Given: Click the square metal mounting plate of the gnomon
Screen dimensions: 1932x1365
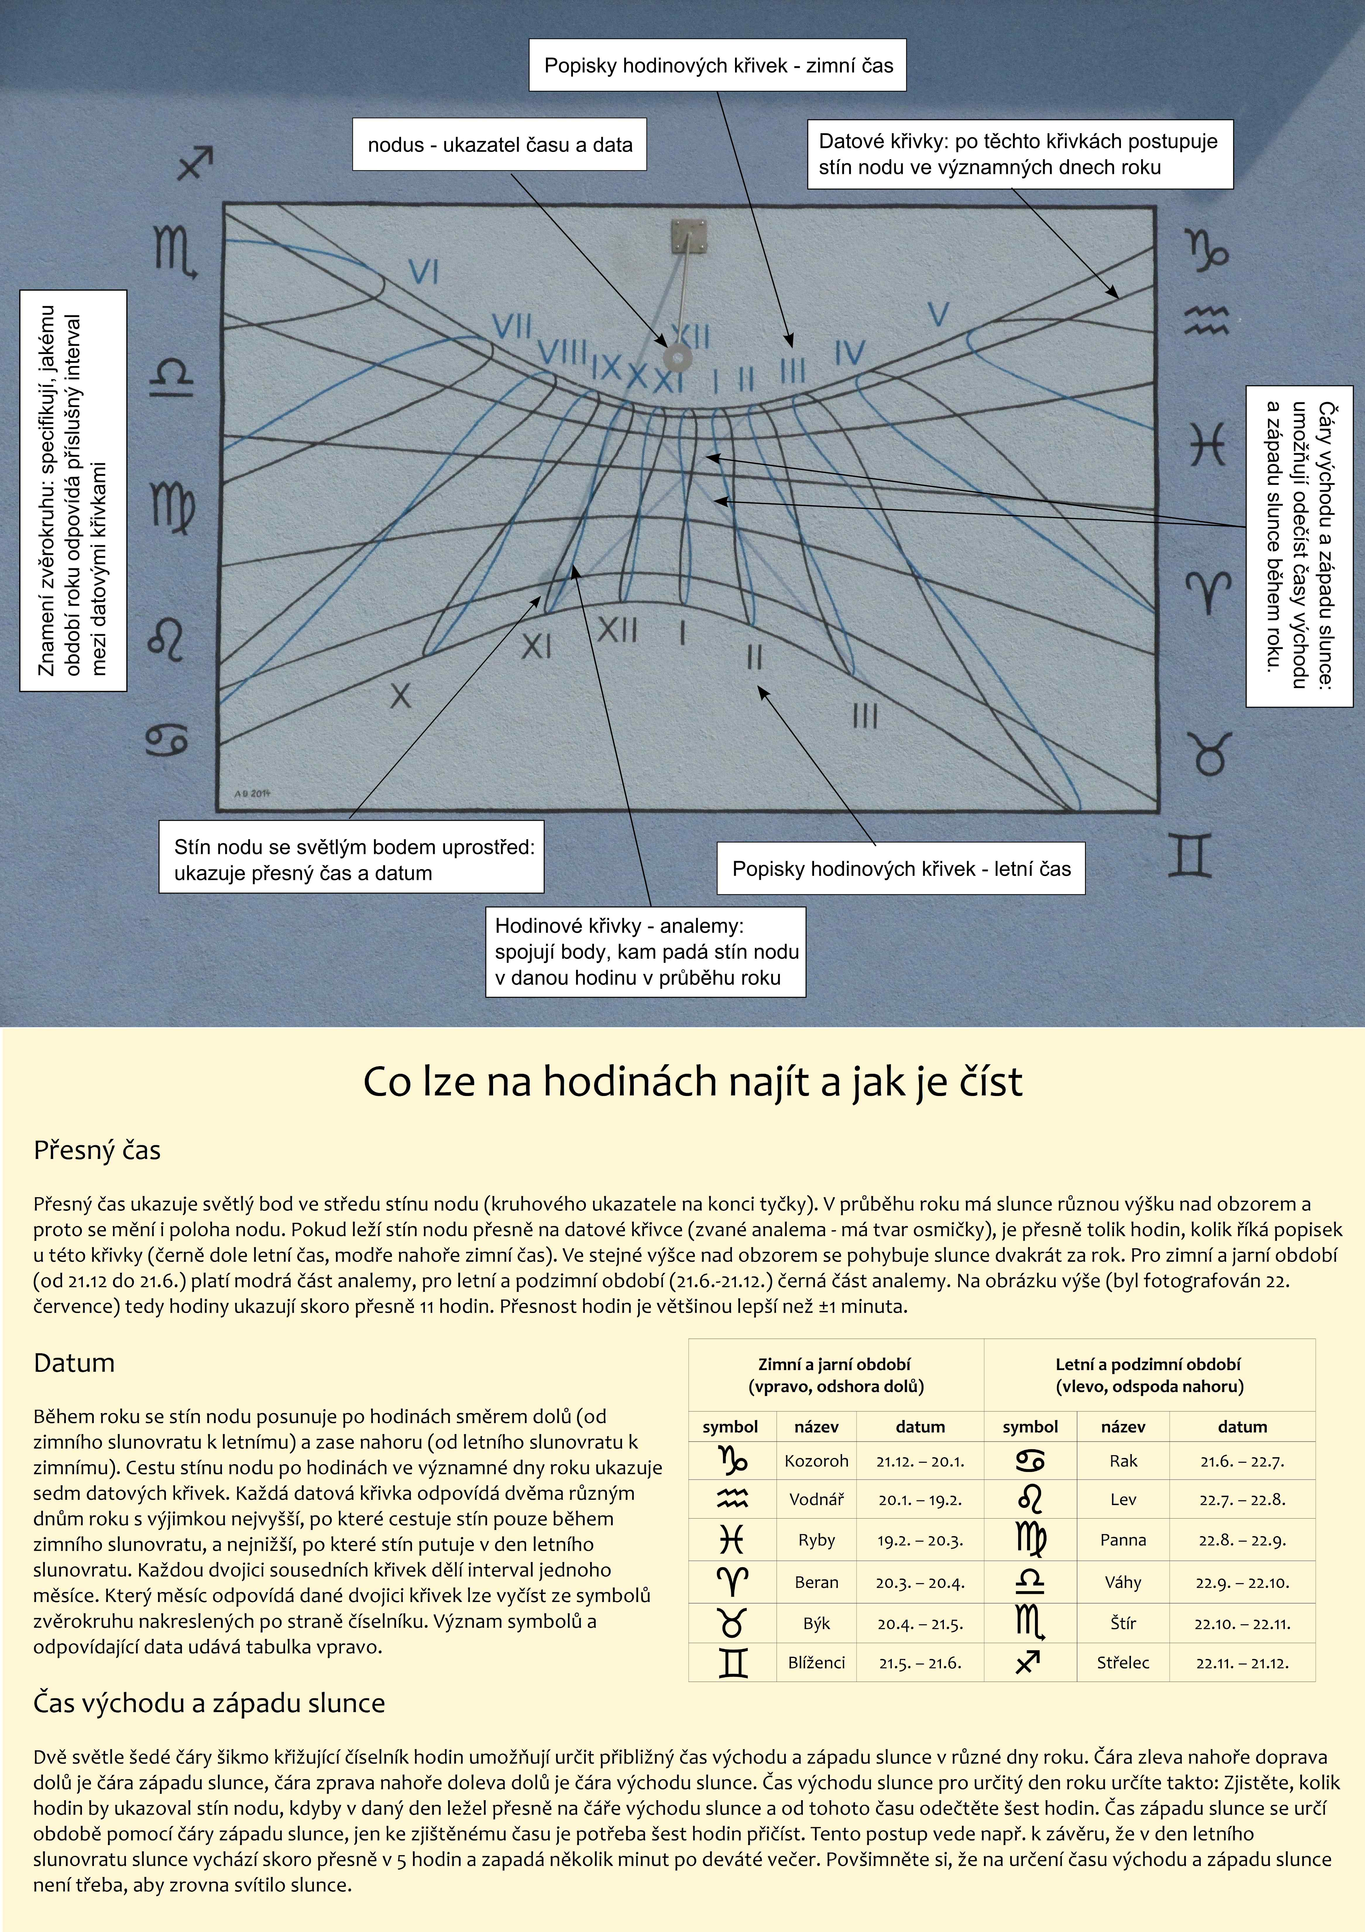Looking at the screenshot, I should coord(689,236).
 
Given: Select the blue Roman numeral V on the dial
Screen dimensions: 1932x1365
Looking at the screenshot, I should coord(939,315).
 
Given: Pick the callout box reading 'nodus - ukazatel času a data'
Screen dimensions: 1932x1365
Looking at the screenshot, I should coord(499,145).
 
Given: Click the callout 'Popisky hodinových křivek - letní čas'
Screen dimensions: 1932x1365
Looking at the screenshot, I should coord(901,868).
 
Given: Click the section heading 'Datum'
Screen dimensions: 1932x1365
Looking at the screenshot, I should coord(74,1363).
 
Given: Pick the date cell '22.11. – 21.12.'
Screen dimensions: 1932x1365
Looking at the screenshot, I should coord(1242,1663).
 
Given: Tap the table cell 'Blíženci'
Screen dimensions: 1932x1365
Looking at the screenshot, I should coord(816,1663).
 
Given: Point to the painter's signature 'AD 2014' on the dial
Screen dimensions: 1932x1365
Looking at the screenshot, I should coord(252,793).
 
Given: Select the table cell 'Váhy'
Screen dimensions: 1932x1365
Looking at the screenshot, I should coord(1123,1582).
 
